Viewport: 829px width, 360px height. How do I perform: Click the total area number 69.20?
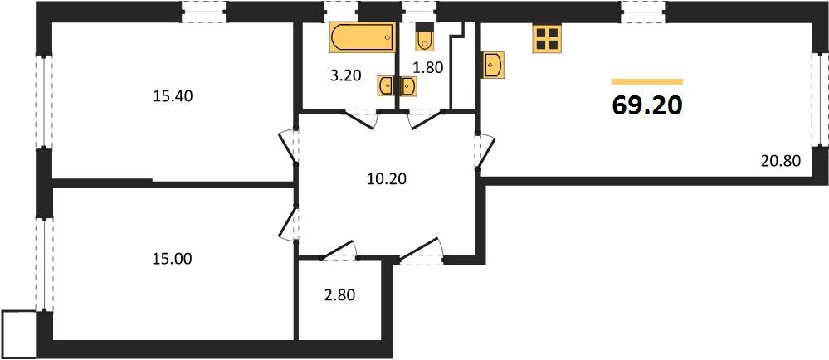pos(647,105)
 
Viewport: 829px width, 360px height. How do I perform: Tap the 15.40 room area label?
pos(173,96)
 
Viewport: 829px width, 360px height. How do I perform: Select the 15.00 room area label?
pos(172,259)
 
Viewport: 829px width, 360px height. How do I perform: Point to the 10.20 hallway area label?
pos(387,179)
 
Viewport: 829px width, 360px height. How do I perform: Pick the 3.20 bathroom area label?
pos(345,75)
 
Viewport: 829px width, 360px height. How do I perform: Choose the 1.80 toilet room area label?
pos(427,67)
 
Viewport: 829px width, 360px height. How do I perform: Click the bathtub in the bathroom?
pos(363,37)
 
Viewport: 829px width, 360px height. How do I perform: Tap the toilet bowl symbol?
pos(425,36)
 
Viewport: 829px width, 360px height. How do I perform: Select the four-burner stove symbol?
pos(547,39)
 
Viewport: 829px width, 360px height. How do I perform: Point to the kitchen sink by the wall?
pos(493,65)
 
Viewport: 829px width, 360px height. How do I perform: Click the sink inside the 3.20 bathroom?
pos(385,85)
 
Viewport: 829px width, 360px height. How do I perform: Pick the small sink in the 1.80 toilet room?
pos(408,85)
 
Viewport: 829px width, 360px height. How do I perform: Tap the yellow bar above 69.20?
pos(647,81)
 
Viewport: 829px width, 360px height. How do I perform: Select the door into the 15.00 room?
pos(288,222)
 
